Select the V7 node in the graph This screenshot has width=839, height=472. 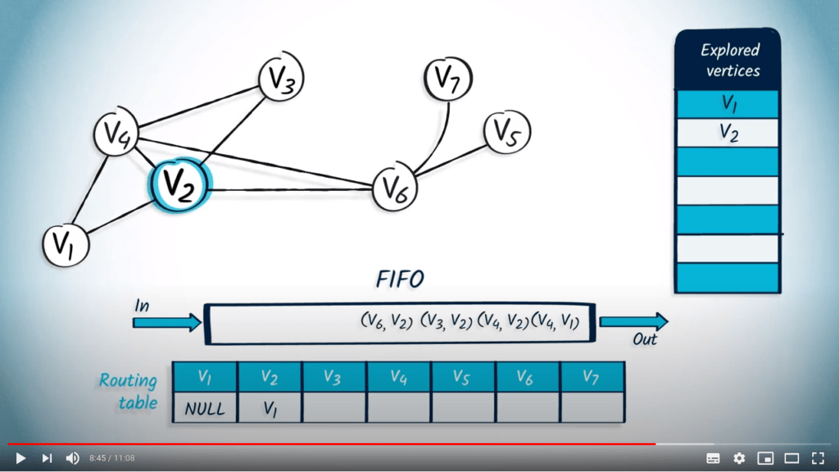pos(448,80)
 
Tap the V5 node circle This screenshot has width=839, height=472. pos(507,132)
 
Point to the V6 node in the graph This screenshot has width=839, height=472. pos(396,189)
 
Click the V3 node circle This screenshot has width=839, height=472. pos(281,80)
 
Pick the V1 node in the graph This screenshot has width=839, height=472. pos(64,244)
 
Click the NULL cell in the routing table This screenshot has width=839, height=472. pos(205,407)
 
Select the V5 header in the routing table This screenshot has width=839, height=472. pos(463,377)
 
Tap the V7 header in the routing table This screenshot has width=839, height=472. pos(592,377)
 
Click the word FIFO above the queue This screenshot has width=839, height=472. pos(400,279)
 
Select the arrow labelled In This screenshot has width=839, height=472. pos(167,322)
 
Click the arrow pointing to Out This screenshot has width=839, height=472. pos(633,322)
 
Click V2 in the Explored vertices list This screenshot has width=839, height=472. pos(728,132)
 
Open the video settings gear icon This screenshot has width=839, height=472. pos(739,458)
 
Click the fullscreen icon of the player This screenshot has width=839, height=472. pos(817,458)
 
